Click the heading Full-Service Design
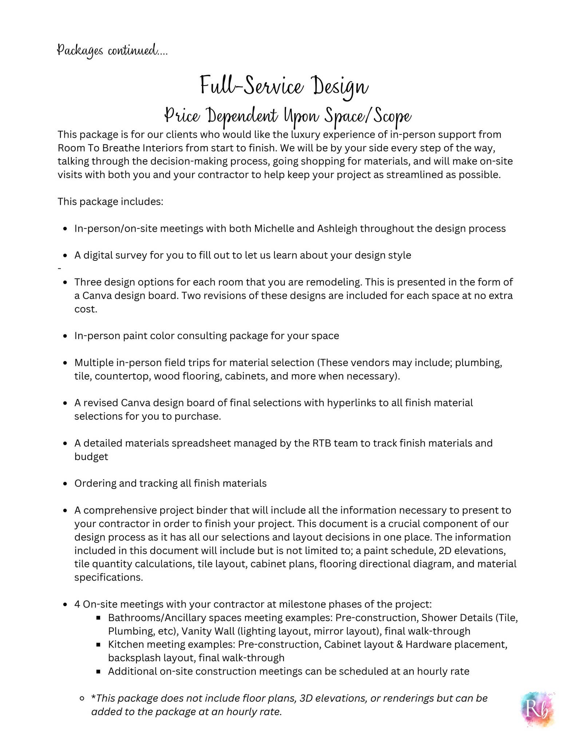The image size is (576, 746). (284, 86)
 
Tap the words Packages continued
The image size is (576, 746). (112, 50)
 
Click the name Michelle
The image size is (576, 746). (274, 228)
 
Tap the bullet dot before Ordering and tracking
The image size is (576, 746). (65, 484)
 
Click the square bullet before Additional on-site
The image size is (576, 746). (98, 671)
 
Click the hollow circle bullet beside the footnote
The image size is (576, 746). (82, 698)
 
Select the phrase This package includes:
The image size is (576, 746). (110, 201)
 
